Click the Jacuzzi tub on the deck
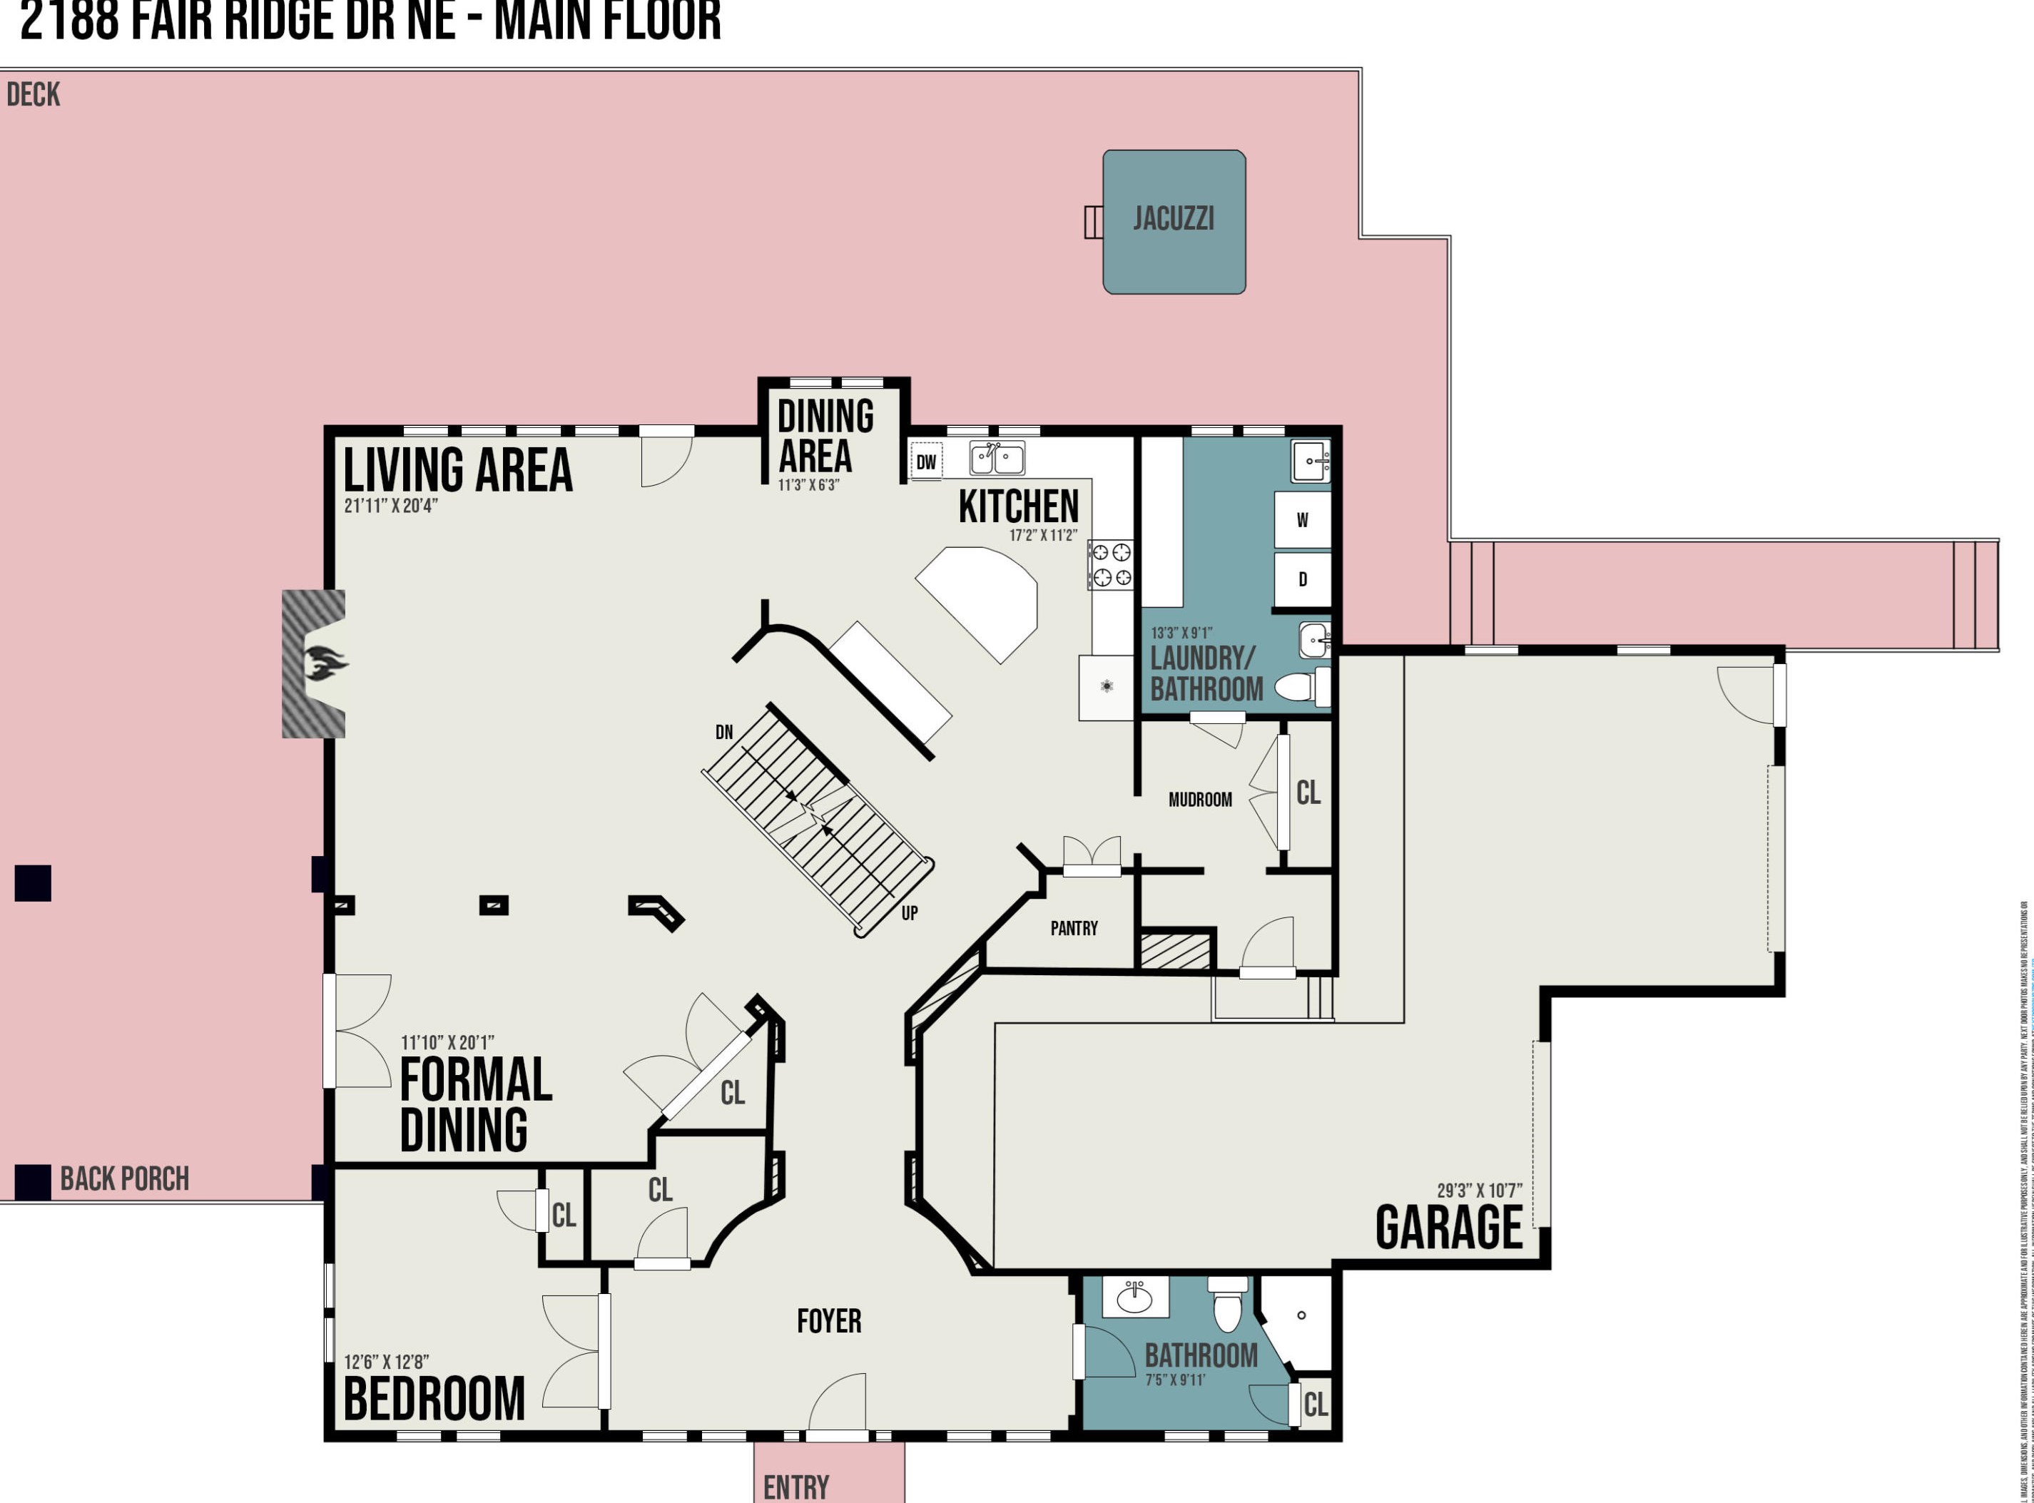pos(1174,221)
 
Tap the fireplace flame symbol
pos(325,663)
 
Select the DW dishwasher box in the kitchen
pos(926,462)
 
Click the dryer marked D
pos(1302,579)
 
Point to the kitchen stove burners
pos(1112,564)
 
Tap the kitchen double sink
pos(997,458)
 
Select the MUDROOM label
pos(1200,800)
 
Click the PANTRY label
pos(1074,928)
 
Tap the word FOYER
pos(829,1321)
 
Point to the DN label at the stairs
pos(724,733)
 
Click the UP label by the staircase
pos(909,912)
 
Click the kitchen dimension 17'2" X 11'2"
pos(1042,535)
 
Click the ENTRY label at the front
pos(796,1487)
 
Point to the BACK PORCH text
pos(125,1179)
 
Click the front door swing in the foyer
pos(840,1403)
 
